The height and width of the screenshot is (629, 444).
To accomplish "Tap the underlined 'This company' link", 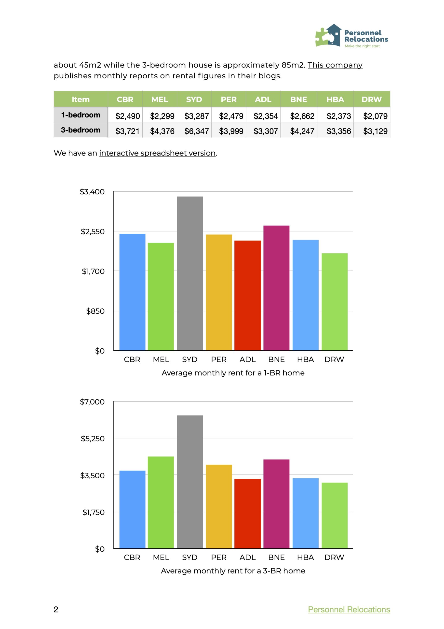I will (x=335, y=65).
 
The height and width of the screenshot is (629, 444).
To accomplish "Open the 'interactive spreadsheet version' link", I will (x=157, y=153).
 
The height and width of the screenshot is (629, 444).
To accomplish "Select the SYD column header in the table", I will (x=194, y=99).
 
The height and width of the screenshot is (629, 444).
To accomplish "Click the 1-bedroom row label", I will (x=81, y=115).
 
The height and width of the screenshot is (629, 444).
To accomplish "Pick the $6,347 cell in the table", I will (x=197, y=131).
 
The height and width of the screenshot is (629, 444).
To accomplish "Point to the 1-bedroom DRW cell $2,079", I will (x=375, y=116).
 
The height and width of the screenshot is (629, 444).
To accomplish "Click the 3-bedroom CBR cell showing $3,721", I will (x=127, y=131).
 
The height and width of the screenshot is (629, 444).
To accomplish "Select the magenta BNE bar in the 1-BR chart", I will (x=276, y=288).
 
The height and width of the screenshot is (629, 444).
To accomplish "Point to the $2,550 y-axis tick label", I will (x=93, y=231).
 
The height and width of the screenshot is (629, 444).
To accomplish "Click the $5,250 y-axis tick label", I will (x=93, y=439).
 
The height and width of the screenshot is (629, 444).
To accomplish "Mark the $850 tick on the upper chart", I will (x=95, y=311).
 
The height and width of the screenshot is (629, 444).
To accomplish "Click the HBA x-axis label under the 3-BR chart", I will (x=305, y=557).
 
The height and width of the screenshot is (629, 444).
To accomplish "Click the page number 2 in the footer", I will (x=56, y=609).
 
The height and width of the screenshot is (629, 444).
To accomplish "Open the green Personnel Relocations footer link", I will (x=349, y=609).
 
